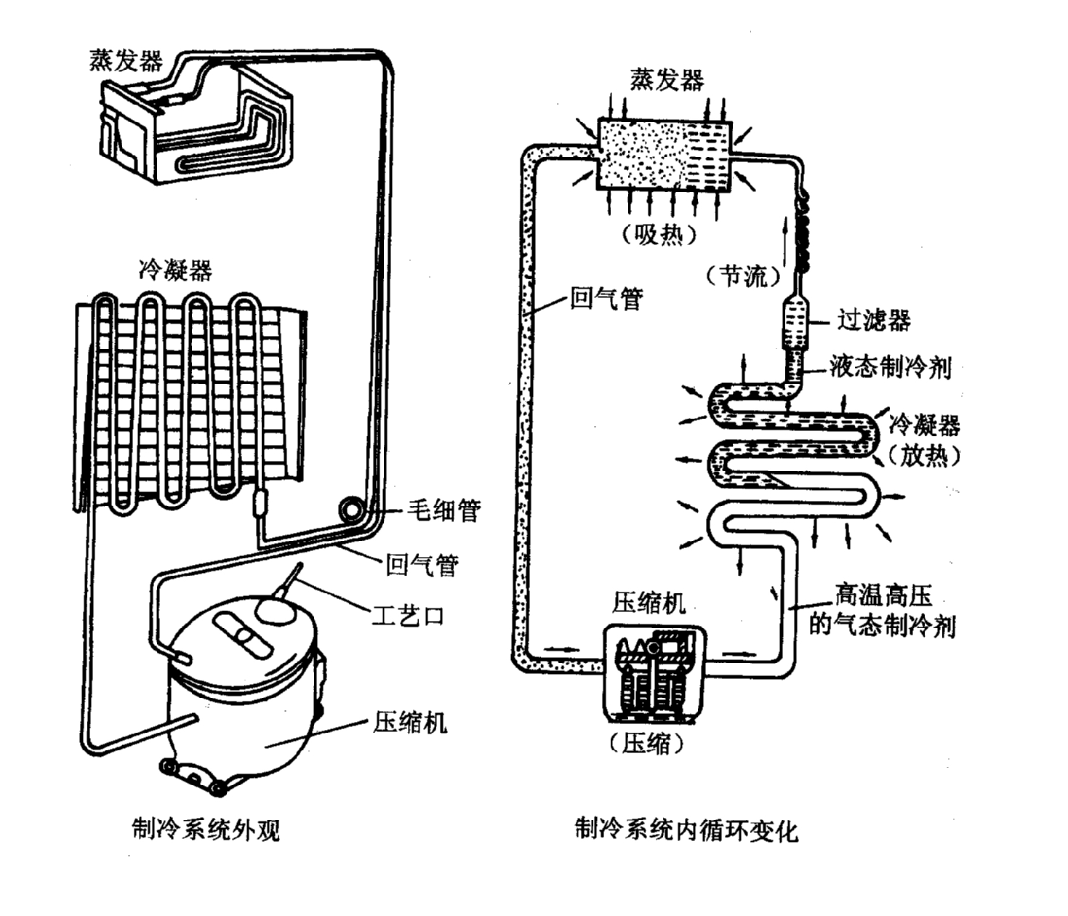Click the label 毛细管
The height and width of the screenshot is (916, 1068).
coord(443,510)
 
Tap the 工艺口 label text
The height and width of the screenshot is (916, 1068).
coord(407,616)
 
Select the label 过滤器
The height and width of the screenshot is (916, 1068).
coord(873,320)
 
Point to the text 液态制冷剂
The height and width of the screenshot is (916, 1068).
coord(890,366)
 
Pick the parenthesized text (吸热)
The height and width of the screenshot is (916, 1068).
coord(659,234)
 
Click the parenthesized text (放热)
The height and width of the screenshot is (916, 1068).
coord(923,456)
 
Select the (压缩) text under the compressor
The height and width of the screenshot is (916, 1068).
coord(646,743)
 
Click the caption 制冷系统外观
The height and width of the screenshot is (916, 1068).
coord(206,829)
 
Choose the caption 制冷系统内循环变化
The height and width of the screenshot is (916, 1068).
coord(686,829)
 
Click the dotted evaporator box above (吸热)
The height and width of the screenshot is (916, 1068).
coord(663,155)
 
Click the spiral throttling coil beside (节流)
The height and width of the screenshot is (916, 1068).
coord(804,233)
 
